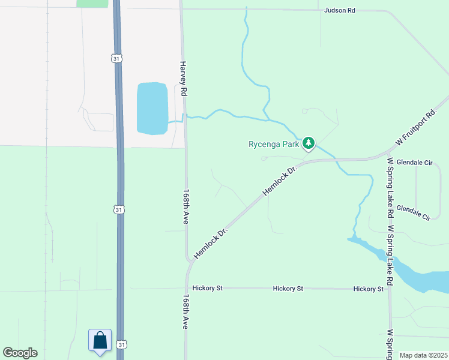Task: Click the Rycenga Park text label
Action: coord(274,144)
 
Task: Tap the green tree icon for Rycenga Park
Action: coord(309,143)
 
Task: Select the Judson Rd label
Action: coord(340,10)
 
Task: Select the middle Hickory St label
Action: coord(288,289)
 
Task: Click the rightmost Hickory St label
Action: coord(368,289)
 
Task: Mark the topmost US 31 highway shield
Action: coord(117,58)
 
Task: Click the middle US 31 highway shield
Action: coord(119,209)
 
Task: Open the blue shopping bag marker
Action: coord(100,340)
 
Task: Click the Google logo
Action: coord(20,353)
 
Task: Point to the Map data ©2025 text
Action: coord(423,355)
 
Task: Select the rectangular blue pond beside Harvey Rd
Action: coord(152,108)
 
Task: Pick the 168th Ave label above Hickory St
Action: coord(185,208)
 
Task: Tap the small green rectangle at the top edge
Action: coord(92,3)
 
